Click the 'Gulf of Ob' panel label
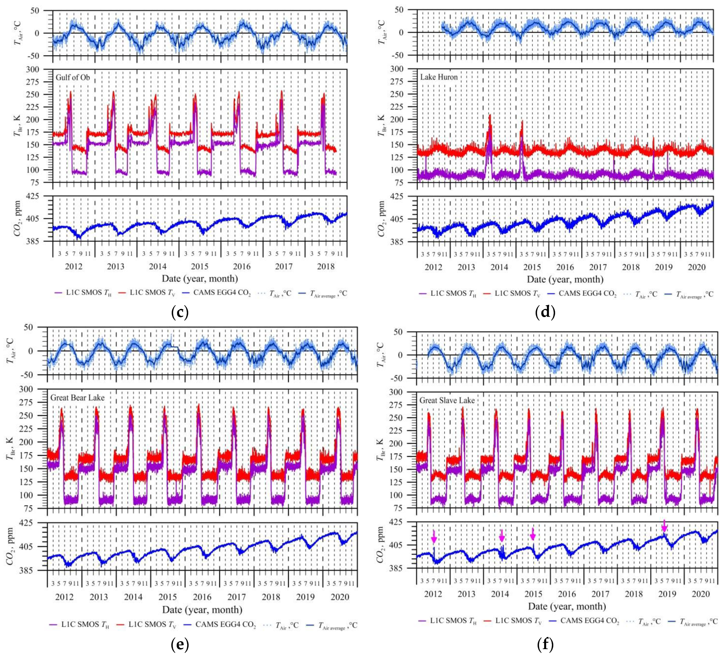73,77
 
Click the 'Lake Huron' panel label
439,77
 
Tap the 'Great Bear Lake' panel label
77,397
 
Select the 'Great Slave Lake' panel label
447,400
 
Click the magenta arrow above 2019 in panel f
665,526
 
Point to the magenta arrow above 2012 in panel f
434,537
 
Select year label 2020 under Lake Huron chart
697,267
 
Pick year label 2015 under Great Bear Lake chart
168,597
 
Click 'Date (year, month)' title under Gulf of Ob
200,278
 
